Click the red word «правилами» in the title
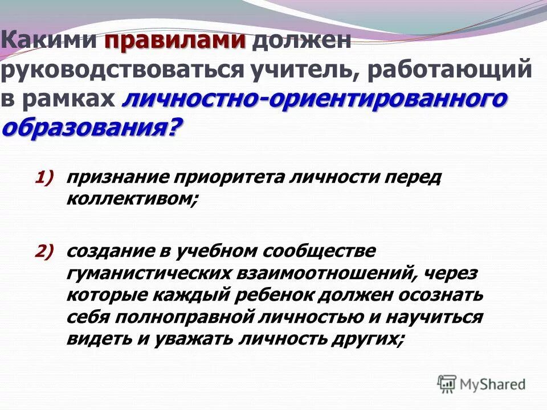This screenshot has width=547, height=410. tap(175, 41)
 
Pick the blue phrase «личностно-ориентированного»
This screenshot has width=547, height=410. tap(314, 99)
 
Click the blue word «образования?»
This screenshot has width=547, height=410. tap(93, 127)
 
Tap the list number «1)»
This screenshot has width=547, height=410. tap(45, 177)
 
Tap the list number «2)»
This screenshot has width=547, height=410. tap(45, 251)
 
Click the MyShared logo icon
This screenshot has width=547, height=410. tap(447, 383)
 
